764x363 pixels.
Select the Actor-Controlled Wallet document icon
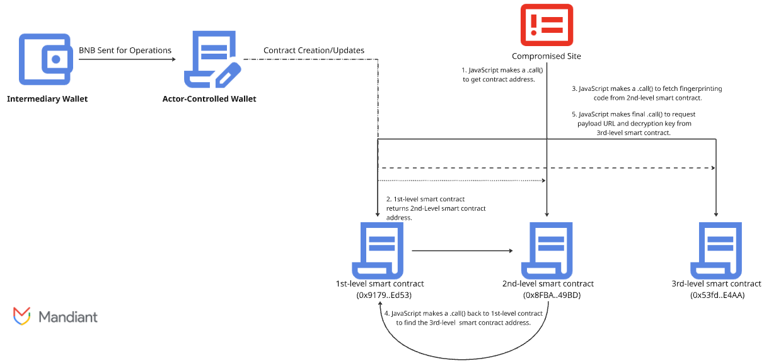point(211,60)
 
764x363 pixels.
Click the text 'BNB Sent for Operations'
point(125,51)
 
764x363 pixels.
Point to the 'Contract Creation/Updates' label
point(313,51)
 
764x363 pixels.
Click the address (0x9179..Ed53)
point(380,295)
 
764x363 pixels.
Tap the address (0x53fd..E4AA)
point(717,295)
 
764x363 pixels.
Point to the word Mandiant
point(68,316)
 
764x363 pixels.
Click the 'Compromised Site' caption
point(547,56)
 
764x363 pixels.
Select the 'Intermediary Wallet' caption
point(47,99)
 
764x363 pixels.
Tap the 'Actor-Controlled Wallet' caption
point(209,99)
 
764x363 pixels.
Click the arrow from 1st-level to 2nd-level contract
point(462,251)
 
